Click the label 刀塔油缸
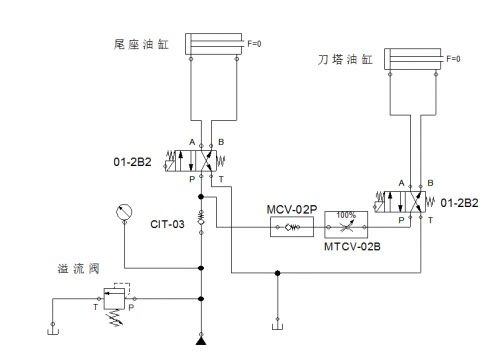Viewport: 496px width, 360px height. click(x=346, y=61)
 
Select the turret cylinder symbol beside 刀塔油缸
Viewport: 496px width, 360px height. click(x=414, y=61)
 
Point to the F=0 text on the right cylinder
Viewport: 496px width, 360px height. click(x=453, y=59)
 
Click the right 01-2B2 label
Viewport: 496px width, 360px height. click(x=461, y=202)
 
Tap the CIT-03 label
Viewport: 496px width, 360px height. click(x=168, y=224)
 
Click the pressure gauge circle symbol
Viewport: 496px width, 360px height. click(x=124, y=212)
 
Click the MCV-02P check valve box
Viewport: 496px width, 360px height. click(x=291, y=228)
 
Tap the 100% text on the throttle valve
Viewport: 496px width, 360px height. click(x=346, y=214)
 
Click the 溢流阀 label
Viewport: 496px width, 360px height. click(x=78, y=268)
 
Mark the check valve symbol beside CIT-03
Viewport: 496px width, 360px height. click(x=201, y=217)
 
